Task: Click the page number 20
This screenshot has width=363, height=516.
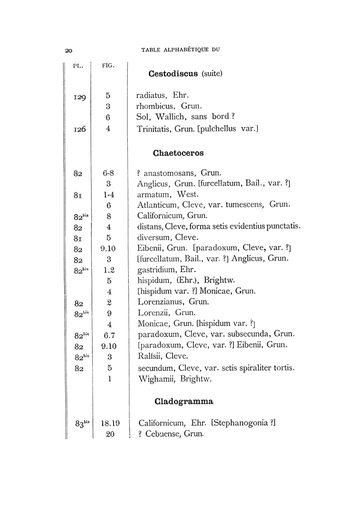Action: point(68,50)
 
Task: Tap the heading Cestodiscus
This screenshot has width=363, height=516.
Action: point(173,74)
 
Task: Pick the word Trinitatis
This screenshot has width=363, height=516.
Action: point(155,128)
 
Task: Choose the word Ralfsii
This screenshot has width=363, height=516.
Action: point(150,356)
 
